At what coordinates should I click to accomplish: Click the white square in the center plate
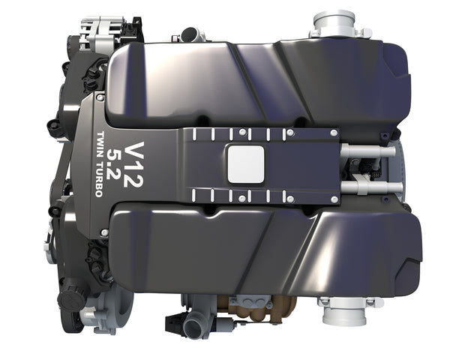tap(245, 162)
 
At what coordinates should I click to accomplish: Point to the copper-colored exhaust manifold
tap(251, 307)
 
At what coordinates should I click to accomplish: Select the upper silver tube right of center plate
tap(367, 151)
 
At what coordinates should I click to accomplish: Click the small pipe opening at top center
tap(193, 34)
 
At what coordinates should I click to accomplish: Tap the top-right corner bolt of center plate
tap(334, 133)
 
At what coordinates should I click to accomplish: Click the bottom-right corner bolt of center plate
tap(334, 196)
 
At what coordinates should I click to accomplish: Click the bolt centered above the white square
tap(244, 133)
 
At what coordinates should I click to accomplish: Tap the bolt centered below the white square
tap(244, 198)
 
